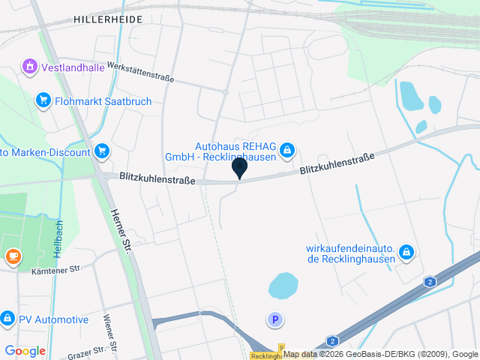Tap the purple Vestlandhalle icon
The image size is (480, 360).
pyautogui.click(x=29, y=66)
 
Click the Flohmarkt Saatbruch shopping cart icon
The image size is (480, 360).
pyautogui.click(x=43, y=100)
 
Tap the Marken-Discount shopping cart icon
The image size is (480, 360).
pyautogui.click(x=103, y=151)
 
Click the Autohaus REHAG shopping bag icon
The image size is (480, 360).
pyautogui.click(x=287, y=151)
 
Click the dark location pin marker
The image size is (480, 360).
pyautogui.click(x=239, y=168)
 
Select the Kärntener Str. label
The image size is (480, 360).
pyautogui.click(x=56, y=269)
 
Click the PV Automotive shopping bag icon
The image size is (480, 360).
pyautogui.click(x=7, y=319)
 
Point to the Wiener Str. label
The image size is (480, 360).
pyautogui.click(x=110, y=329)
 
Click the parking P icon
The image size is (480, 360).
pyautogui.click(x=275, y=320)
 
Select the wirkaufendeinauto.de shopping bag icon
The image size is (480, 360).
pyautogui.click(x=406, y=252)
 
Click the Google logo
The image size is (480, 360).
pyautogui.click(x=25, y=351)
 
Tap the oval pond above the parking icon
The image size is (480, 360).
pyautogui.click(x=283, y=284)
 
